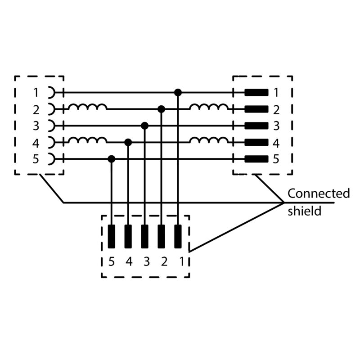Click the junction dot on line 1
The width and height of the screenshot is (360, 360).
coord(178,93)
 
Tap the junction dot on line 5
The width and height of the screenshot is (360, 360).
coord(112,159)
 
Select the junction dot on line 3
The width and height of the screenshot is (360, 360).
coord(145,126)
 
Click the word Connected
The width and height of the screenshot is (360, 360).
coord(319,193)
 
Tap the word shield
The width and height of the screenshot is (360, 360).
coord(305,211)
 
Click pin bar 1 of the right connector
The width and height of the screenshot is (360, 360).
coord(256,93)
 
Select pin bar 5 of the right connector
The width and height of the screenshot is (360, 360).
coord(256,159)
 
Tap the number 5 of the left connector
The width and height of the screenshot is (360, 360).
coord(36,159)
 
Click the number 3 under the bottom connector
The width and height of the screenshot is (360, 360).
coord(145,261)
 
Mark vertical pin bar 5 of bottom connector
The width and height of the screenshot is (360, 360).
coord(112,236)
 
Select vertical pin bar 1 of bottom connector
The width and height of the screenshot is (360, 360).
coord(178,236)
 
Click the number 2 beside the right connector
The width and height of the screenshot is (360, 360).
coord(276,109)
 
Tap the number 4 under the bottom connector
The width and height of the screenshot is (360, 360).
coord(128,261)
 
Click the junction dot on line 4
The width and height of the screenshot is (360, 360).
coord(128,142)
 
